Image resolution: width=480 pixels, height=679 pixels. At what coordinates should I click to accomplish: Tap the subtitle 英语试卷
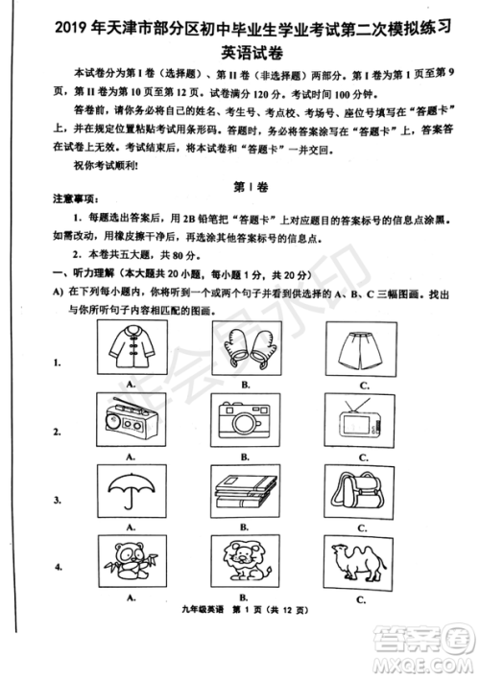click(240, 47)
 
